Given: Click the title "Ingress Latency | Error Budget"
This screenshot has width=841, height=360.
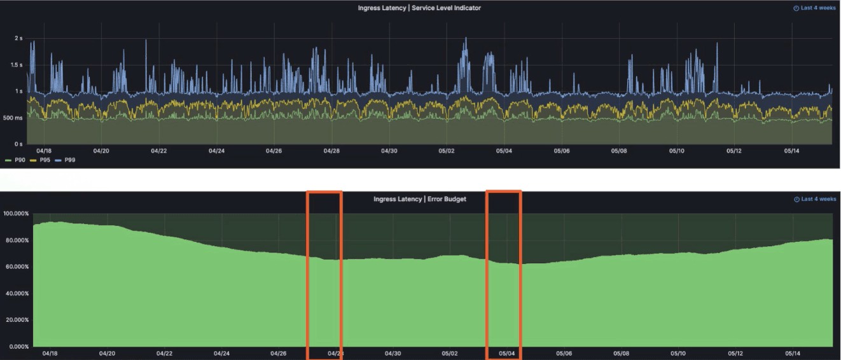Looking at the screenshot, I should [x=420, y=199].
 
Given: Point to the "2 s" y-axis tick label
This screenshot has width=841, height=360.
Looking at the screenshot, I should [x=18, y=38].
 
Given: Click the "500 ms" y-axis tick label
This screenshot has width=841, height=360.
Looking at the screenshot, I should [x=13, y=118].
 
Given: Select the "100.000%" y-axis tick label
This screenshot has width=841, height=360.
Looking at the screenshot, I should [x=16, y=214].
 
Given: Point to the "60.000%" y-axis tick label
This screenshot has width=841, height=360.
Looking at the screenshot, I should [x=16, y=267].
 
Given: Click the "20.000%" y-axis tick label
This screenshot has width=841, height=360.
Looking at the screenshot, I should [x=16, y=320].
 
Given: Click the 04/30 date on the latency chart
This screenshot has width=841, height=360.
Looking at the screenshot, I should [x=389, y=151].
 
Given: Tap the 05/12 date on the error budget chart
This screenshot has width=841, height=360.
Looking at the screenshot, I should [x=736, y=353].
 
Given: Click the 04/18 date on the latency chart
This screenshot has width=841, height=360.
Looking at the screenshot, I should [x=44, y=151].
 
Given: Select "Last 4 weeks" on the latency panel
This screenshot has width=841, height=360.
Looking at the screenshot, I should [x=814, y=8].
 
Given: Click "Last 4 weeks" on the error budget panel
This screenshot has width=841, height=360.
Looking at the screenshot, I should [x=815, y=199].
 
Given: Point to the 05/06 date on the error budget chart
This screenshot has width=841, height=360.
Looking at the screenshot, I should [x=564, y=353].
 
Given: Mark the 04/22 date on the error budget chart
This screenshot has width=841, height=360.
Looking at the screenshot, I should [x=164, y=353].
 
